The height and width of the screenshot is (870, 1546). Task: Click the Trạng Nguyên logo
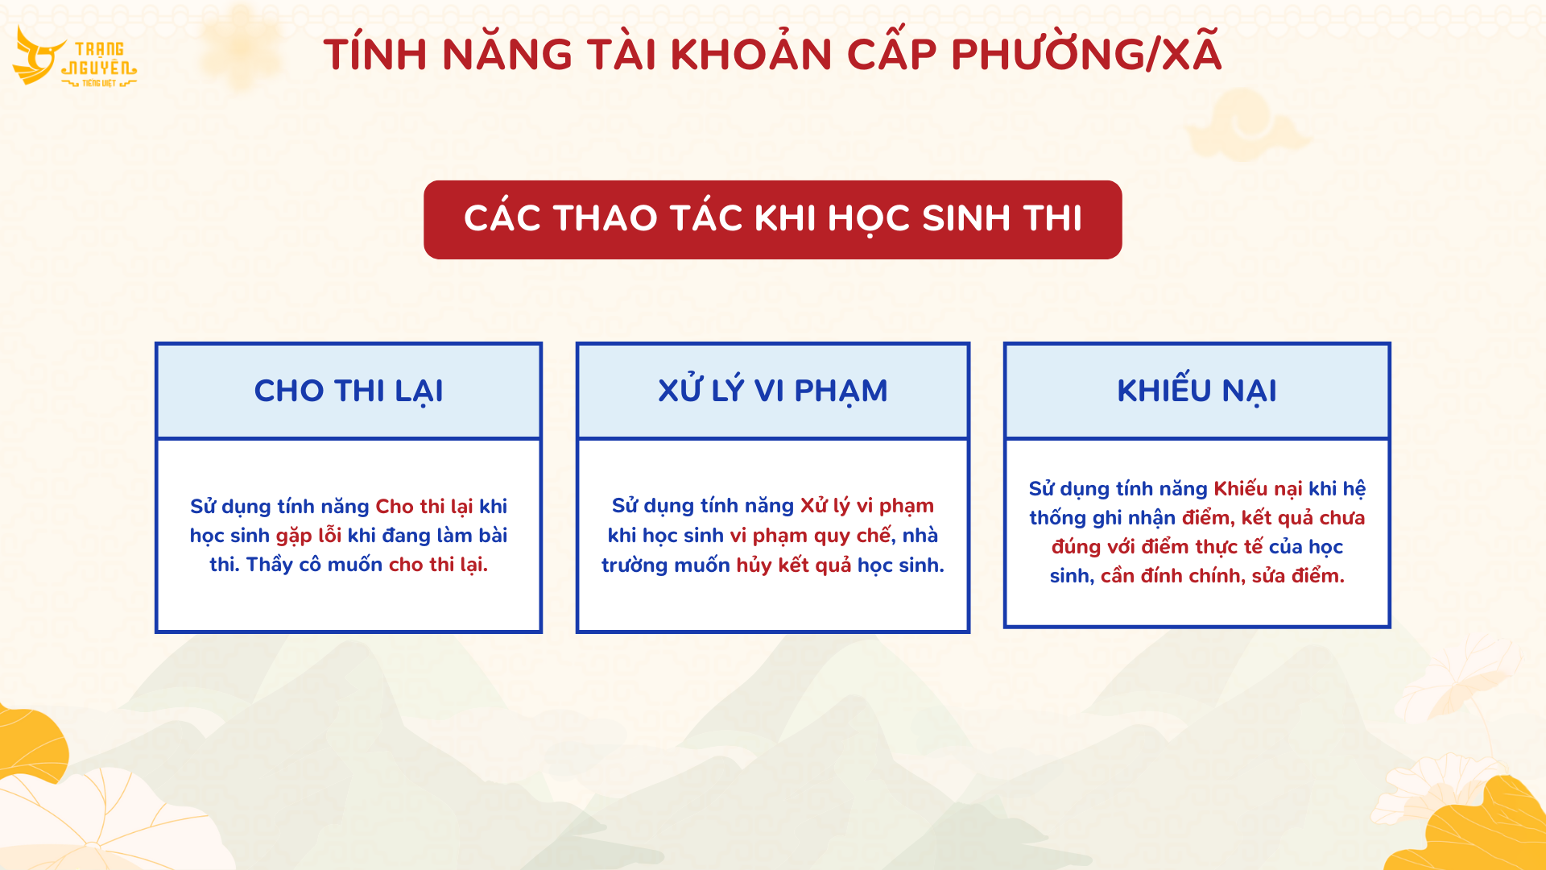tap(75, 57)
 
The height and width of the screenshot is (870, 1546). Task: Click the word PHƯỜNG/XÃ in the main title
tap(1086, 54)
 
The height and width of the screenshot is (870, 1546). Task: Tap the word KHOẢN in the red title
tap(751, 54)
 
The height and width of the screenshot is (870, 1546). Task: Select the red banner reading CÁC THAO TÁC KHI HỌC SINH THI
tap(773, 220)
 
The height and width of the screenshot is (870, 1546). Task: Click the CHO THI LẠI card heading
tap(349, 391)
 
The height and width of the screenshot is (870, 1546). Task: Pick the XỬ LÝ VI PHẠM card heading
tap(773, 390)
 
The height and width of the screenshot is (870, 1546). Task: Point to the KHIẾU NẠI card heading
tap(1197, 390)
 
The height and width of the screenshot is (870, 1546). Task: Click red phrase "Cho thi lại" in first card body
tap(424, 507)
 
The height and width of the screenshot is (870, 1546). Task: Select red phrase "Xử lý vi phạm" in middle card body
tap(866, 506)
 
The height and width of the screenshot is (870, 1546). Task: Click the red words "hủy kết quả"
tap(793, 565)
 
